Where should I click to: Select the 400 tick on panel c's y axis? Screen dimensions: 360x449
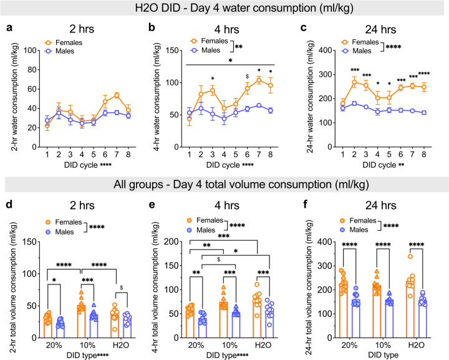click(323, 50)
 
